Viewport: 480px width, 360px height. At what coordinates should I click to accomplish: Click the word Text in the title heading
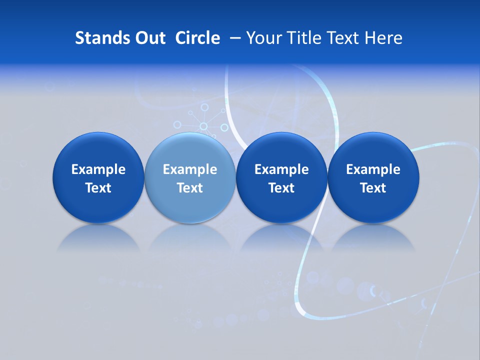coord(344,38)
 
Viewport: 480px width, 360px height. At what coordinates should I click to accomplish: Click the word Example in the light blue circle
coord(190,169)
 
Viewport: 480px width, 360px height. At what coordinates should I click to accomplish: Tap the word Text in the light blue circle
coord(190,188)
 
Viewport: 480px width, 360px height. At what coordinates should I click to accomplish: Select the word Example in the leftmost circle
coord(98,169)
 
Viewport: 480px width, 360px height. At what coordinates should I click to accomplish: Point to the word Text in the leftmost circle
coord(98,188)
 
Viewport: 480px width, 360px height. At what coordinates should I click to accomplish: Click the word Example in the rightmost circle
coord(373,169)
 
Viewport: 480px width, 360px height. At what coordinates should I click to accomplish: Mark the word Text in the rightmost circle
coord(373,188)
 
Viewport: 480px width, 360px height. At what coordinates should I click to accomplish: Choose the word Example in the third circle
coord(281,169)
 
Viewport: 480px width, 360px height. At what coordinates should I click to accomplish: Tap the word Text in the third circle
coord(281,188)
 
